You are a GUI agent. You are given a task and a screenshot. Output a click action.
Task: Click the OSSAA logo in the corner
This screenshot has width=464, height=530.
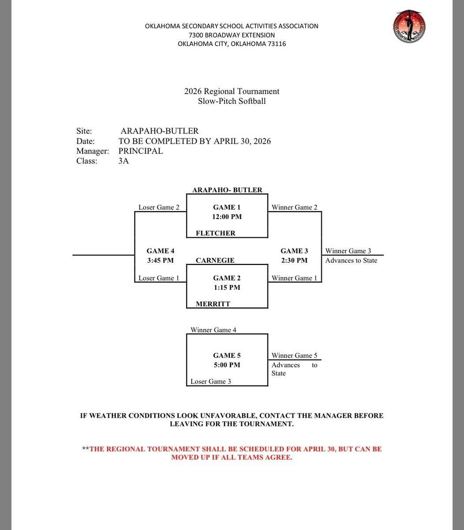[x=409, y=27]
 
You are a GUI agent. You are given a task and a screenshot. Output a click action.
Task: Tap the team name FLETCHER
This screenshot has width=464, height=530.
[x=216, y=233]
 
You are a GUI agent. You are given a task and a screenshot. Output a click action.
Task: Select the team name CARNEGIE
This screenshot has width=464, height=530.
[x=215, y=260]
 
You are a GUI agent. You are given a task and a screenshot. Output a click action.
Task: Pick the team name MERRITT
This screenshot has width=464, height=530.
[x=213, y=304]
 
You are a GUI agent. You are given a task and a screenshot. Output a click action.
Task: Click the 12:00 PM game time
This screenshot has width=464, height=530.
[x=227, y=217]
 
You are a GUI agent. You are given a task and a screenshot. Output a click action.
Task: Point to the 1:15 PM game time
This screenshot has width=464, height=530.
[x=227, y=288]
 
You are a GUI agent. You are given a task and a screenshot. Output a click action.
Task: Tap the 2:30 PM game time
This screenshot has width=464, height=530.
[x=294, y=261]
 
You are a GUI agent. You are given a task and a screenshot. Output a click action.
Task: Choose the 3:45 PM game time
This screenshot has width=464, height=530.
[x=160, y=261]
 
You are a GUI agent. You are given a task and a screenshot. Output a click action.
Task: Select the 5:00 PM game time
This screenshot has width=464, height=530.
[x=227, y=365]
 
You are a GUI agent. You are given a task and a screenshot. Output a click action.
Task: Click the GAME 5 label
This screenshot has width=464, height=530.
[x=227, y=356]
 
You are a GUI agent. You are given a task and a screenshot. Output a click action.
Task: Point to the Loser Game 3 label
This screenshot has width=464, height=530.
[x=211, y=382]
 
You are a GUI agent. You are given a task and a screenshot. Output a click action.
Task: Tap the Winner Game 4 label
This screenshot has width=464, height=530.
[x=213, y=330]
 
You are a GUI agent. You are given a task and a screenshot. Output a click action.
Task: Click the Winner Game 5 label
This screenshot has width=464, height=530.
[x=294, y=356]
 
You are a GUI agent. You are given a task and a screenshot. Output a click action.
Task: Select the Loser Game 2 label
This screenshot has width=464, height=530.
[x=159, y=207]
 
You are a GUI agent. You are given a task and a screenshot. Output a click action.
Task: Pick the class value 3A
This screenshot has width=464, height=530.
[x=124, y=161]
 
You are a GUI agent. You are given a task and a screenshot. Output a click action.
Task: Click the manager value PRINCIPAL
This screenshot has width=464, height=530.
[x=141, y=151]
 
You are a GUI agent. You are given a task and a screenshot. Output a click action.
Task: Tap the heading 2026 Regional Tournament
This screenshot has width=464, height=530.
[x=232, y=91]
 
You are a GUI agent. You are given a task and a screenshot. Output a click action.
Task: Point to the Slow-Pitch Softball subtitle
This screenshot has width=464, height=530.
[x=232, y=101]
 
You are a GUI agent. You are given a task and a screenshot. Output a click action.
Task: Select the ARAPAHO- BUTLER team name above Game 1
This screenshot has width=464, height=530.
[x=227, y=190]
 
